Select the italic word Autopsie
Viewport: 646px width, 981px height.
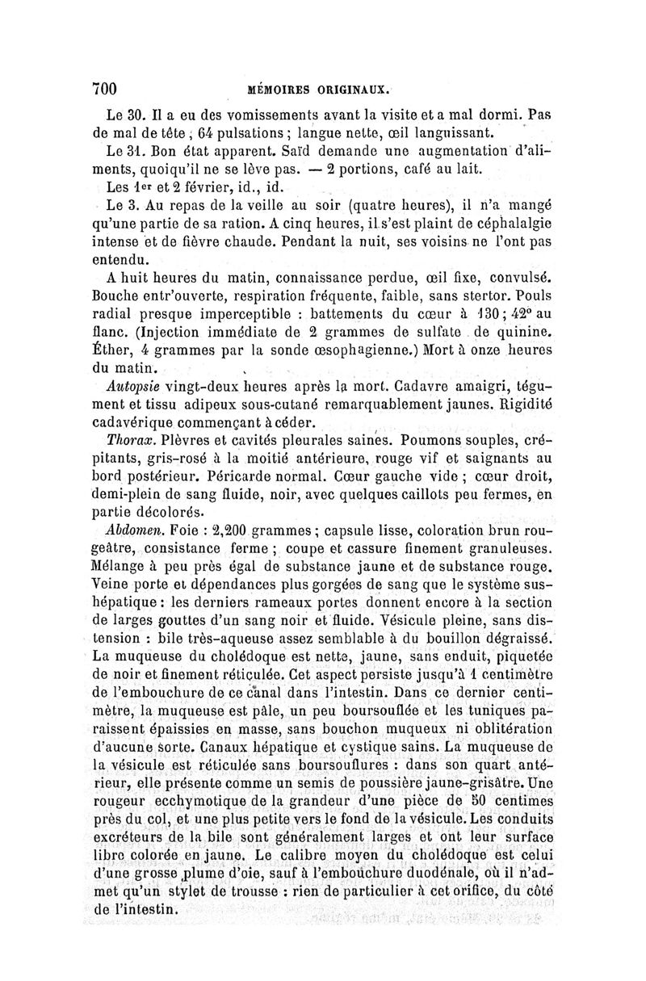pos(132,387)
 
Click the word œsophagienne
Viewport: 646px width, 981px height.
pos(374,350)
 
